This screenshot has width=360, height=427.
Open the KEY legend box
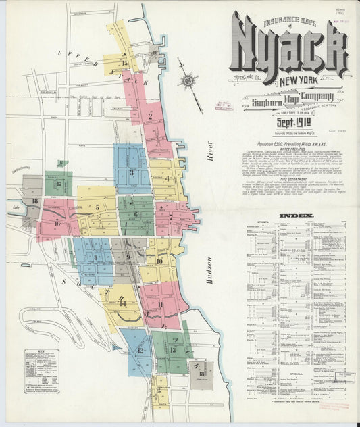click(x=41, y=371)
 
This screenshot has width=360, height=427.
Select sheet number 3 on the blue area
click(x=132, y=172)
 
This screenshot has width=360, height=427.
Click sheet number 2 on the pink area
click(x=149, y=116)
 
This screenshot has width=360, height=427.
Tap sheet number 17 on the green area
click(x=59, y=183)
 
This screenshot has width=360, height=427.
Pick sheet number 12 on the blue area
click(x=140, y=351)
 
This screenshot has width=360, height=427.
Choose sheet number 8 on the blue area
click(x=96, y=257)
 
